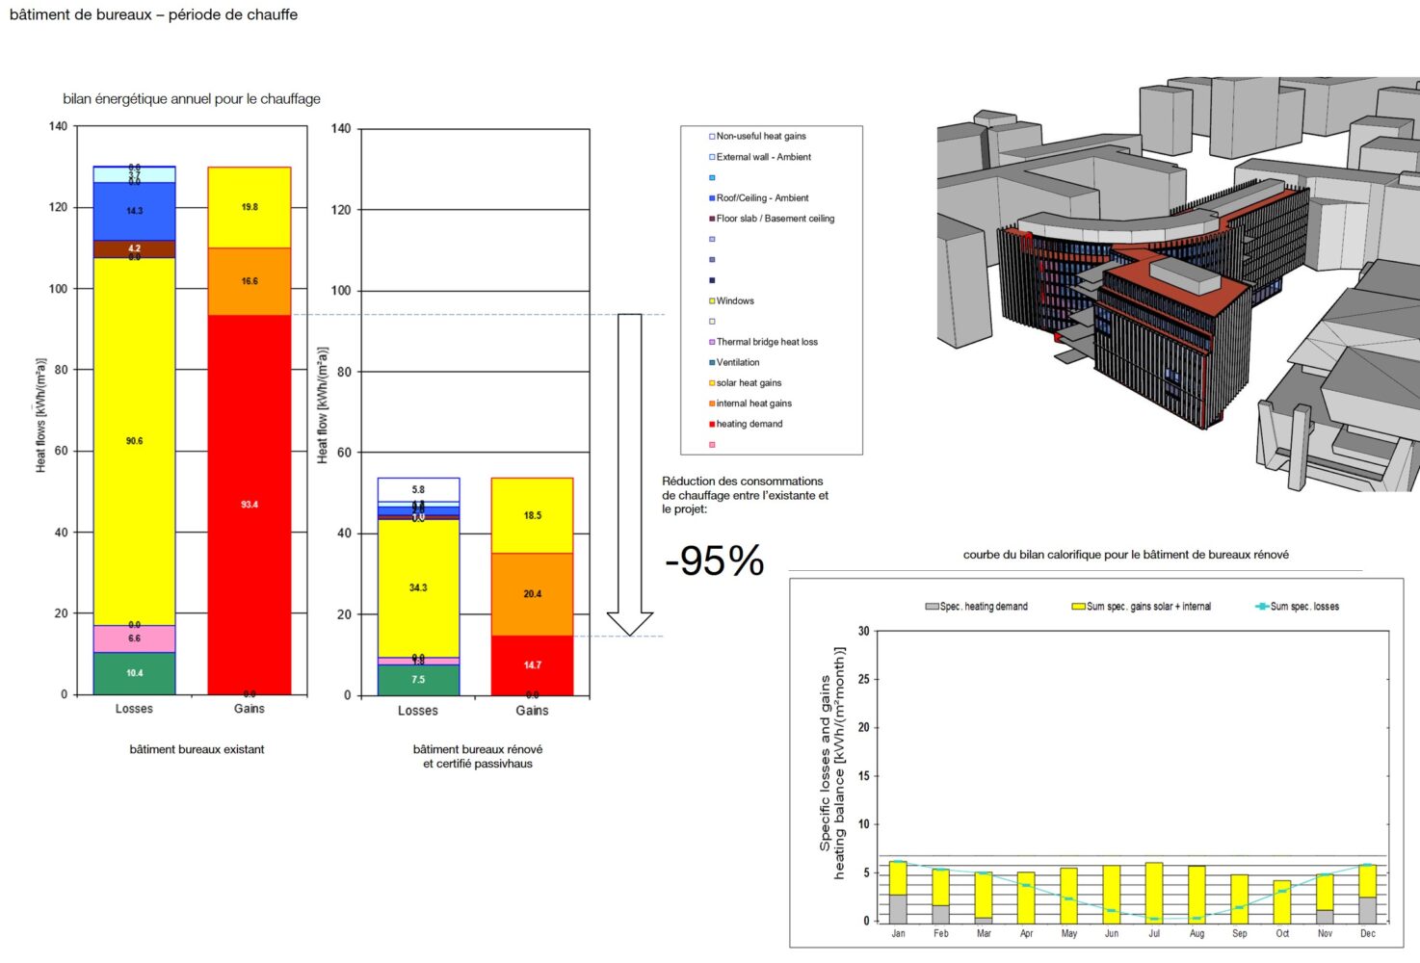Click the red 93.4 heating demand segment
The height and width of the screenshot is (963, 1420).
click(x=250, y=504)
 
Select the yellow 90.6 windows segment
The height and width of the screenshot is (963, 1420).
click(x=134, y=440)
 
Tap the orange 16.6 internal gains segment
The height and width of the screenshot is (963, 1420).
click(x=250, y=281)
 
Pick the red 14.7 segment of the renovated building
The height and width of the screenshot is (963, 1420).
click(x=532, y=664)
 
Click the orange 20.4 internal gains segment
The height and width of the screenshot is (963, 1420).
click(x=532, y=593)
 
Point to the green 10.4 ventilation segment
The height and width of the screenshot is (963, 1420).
click(x=134, y=673)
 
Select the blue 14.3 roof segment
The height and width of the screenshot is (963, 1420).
click(x=134, y=211)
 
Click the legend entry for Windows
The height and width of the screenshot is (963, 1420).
click(x=734, y=301)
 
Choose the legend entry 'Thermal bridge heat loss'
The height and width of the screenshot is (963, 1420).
click(x=766, y=342)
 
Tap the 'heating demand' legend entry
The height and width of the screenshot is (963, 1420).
click(x=749, y=424)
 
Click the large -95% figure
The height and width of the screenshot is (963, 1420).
click(x=714, y=560)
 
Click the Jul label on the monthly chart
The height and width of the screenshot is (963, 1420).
click(x=1154, y=933)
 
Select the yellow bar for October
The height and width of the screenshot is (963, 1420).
click(x=1281, y=900)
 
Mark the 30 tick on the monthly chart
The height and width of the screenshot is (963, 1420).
click(x=863, y=632)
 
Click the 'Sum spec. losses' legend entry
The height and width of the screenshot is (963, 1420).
click(x=1303, y=607)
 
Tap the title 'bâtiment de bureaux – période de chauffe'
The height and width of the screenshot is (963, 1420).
click(x=153, y=15)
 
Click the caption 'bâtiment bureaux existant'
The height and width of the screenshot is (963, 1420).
click(x=197, y=749)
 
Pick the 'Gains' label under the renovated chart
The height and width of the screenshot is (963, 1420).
click(x=532, y=711)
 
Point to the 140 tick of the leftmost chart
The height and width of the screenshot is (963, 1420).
click(x=58, y=126)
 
